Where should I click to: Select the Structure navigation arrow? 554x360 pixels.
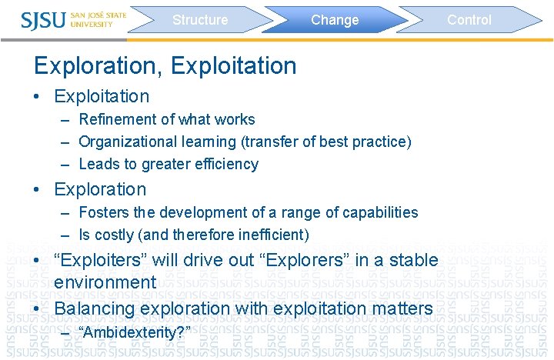pos(200,20)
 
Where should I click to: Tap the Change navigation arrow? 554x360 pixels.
pos(335,20)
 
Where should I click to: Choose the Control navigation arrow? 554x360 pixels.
pos(469,20)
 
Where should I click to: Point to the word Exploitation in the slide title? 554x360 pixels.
pos(234,66)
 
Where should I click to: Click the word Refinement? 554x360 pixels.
pos(115,119)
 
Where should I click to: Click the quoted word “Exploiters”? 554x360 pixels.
pos(99,260)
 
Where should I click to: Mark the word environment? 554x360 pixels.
pos(105,282)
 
